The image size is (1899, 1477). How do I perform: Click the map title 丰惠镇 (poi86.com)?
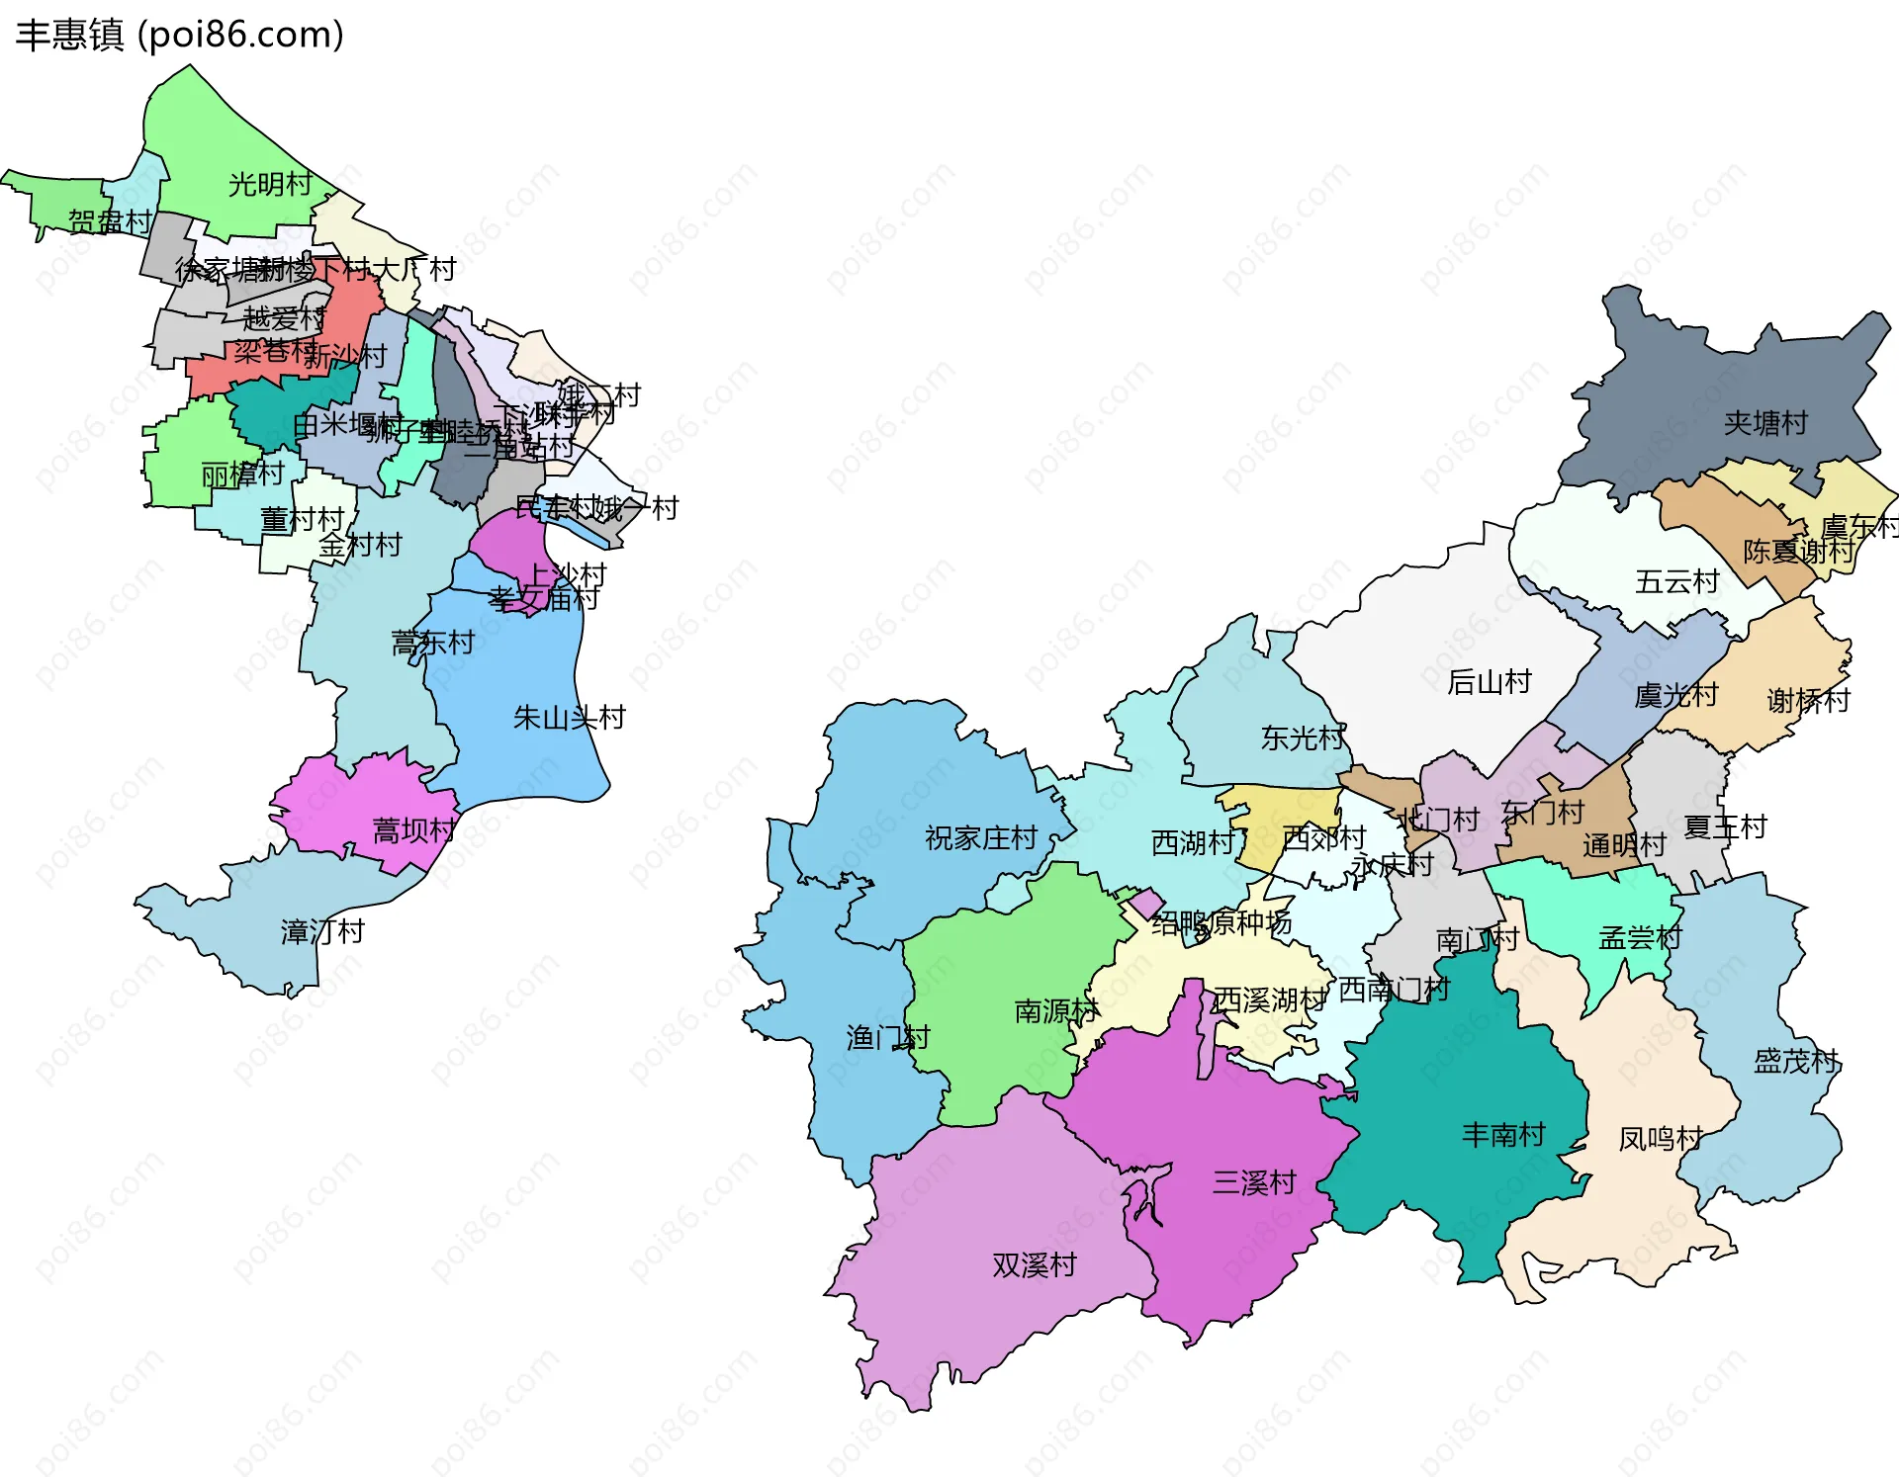180,35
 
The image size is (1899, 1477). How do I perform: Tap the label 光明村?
270,185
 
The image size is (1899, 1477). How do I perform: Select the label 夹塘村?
1765,424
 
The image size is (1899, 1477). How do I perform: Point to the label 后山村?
1489,682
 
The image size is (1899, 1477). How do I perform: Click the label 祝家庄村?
980,838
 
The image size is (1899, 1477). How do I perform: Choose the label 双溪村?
1034,1265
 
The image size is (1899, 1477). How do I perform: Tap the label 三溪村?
1254,1182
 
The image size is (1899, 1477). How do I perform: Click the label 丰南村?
1503,1135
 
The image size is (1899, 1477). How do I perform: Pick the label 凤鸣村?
1660,1140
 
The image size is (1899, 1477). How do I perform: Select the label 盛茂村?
1795,1062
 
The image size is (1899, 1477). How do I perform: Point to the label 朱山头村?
569,718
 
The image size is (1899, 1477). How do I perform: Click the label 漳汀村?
322,931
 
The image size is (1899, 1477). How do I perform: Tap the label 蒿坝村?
413,830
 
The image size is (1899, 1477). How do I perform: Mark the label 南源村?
1056,1011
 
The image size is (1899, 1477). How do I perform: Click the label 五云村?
1676,581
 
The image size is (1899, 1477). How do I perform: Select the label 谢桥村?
1808,701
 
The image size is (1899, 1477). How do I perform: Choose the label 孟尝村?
1640,937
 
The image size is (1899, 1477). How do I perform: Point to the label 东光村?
1303,738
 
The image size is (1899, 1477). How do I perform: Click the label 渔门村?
887,1037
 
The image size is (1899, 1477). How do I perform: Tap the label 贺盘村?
110,221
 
